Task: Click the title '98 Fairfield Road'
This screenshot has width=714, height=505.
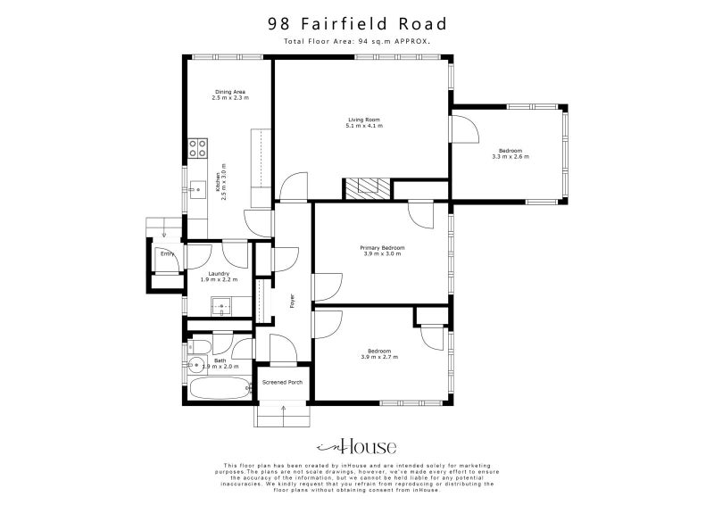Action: (x=357, y=24)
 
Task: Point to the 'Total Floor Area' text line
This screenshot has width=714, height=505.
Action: (x=357, y=41)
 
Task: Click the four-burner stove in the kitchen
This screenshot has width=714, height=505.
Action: (x=196, y=147)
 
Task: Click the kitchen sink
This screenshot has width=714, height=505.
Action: (x=196, y=188)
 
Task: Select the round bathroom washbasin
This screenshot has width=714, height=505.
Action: (x=195, y=364)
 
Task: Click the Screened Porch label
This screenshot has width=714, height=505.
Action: (x=282, y=383)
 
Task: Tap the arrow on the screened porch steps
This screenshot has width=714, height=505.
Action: (x=283, y=409)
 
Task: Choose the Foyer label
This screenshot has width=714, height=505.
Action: (x=292, y=301)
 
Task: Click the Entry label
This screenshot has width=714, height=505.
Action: (x=166, y=253)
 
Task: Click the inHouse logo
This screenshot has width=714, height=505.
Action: (x=357, y=447)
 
